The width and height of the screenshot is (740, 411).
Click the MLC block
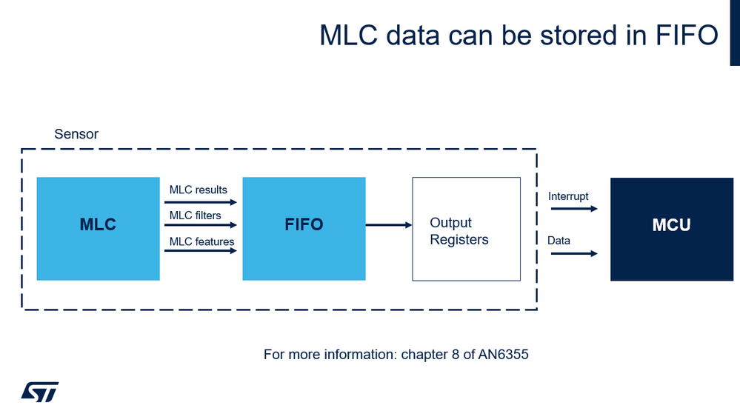pyautogui.click(x=98, y=229)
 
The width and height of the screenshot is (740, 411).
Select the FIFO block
pyautogui.click(x=304, y=229)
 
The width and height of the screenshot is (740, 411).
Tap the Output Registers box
pyautogui.click(x=466, y=230)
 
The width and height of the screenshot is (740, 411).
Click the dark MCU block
pyautogui.click(x=671, y=229)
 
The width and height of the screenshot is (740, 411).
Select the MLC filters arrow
pyautogui.click(x=200, y=225)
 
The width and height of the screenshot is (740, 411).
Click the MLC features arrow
pyautogui.click(x=200, y=250)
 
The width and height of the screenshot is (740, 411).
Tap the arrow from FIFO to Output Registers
pyautogui.click(x=389, y=225)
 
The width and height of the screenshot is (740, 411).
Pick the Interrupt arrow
pyautogui.click(x=573, y=209)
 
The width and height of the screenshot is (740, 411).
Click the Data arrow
pyautogui.click(x=573, y=253)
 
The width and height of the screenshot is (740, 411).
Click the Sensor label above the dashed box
pyautogui.click(x=76, y=135)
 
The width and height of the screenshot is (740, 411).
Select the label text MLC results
pyautogui.click(x=199, y=190)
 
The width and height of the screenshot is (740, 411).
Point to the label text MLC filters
pyautogui.click(x=196, y=215)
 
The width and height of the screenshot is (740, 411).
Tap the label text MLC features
pyautogui.click(x=201, y=241)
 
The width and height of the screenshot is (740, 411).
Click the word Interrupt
pyautogui.click(x=568, y=196)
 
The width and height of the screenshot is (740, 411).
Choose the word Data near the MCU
pyautogui.click(x=559, y=241)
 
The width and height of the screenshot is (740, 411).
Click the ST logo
pyautogui.click(x=39, y=392)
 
